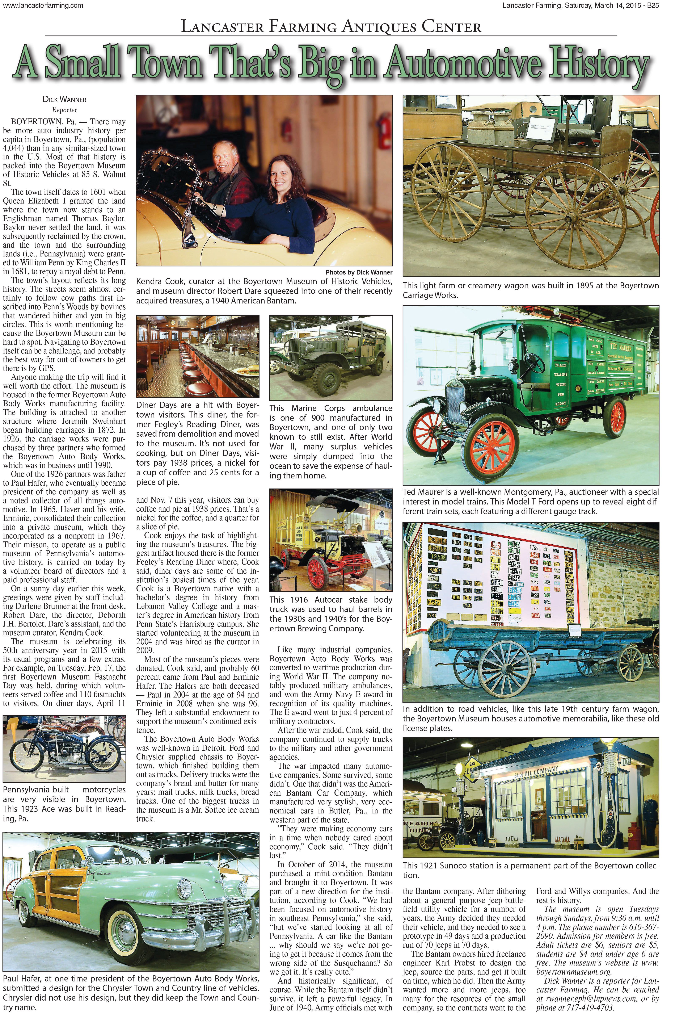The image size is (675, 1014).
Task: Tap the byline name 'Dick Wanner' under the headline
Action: tap(65, 100)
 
